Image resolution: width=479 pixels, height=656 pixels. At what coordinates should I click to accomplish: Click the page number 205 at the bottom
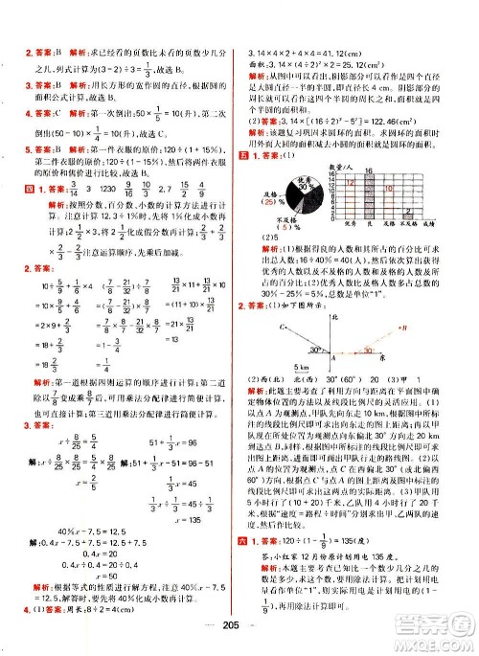(x=239, y=639)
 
